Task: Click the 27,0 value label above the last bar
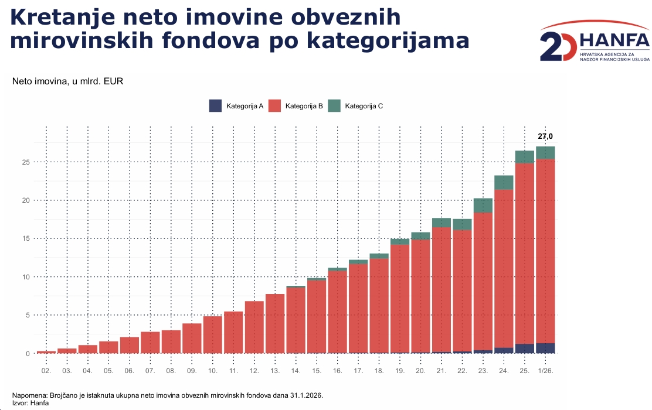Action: tap(545, 136)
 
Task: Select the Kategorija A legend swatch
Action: tap(215, 106)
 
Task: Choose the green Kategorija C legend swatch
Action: tap(334, 106)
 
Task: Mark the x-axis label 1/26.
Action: tap(545, 371)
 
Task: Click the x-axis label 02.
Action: tap(46, 371)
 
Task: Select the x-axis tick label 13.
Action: tap(275, 371)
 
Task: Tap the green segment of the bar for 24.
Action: tap(504, 182)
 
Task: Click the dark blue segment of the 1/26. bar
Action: tap(545, 348)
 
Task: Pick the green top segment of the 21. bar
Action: tap(442, 223)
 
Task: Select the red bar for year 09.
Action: tap(192, 338)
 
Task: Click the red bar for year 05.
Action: tap(108, 347)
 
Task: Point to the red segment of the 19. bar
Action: tap(400, 299)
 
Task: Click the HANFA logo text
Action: tap(614, 40)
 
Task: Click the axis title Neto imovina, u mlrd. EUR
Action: tap(67, 81)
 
